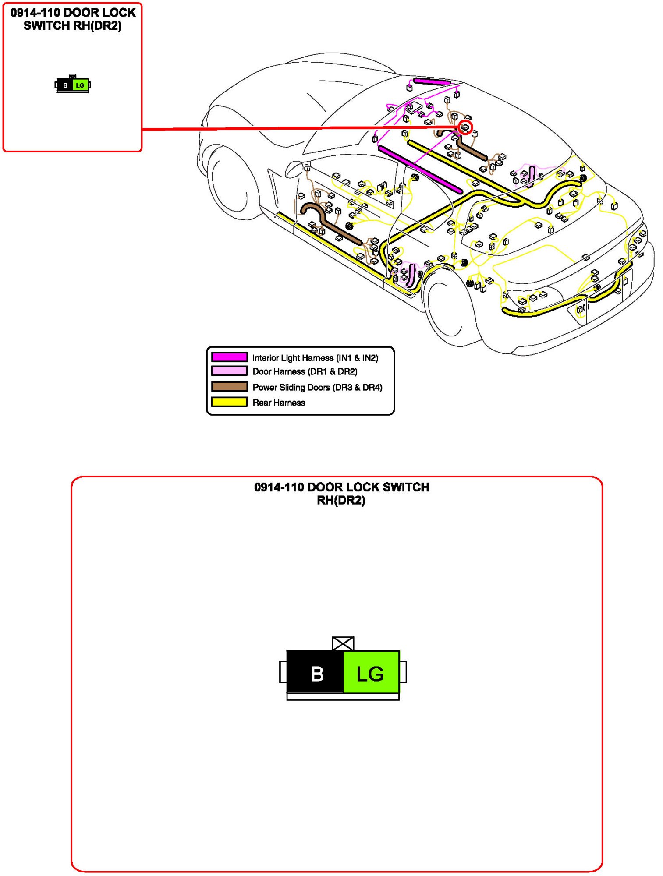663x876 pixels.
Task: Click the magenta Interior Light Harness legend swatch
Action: tap(229, 357)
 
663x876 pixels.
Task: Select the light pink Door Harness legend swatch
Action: tap(229, 371)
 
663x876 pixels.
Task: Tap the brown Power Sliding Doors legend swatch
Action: tap(229, 387)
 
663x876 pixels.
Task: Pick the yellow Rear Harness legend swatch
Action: tap(229, 402)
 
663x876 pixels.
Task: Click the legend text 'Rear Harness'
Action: tap(279, 403)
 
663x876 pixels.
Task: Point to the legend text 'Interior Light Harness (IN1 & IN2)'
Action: tap(315, 358)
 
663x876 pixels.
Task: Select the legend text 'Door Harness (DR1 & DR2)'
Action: tap(305, 371)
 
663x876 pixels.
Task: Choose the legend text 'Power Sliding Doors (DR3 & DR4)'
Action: tap(317, 387)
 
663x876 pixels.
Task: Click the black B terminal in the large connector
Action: tap(316, 672)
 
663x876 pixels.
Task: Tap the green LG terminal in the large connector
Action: tap(371, 672)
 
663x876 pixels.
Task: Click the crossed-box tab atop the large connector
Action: tap(343, 643)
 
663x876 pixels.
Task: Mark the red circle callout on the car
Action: tap(465, 128)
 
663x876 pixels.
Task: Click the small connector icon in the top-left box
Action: tap(73, 85)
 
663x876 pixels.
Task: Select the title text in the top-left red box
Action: tap(73, 19)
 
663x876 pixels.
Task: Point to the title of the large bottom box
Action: tap(341, 494)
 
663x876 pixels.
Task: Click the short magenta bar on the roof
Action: tap(432, 81)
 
